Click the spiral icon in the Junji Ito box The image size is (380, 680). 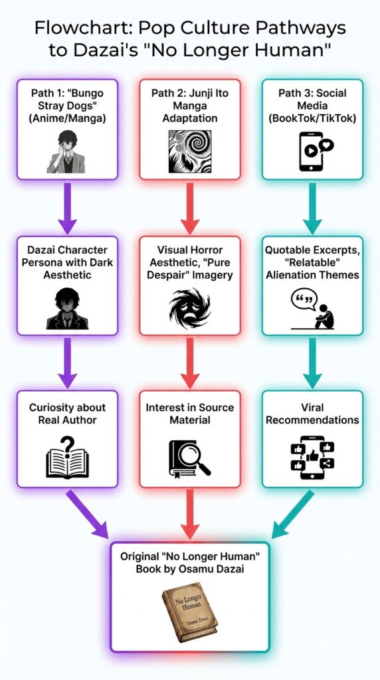coord(189,152)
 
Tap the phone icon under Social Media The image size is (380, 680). coord(316,151)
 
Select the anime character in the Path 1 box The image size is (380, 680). coord(66,151)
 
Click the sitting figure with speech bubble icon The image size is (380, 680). coord(313,309)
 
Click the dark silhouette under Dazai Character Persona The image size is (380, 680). coord(67,309)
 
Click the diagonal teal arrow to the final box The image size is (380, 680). coord(292,515)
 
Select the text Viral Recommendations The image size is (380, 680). coord(312,413)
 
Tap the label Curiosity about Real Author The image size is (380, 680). coord(67,413)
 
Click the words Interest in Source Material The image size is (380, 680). coord(189,413)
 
